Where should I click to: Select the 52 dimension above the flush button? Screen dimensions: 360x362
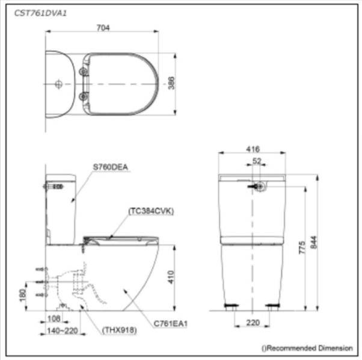[x=257, y=160]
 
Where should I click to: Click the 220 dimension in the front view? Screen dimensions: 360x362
[x=253, y=323]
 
